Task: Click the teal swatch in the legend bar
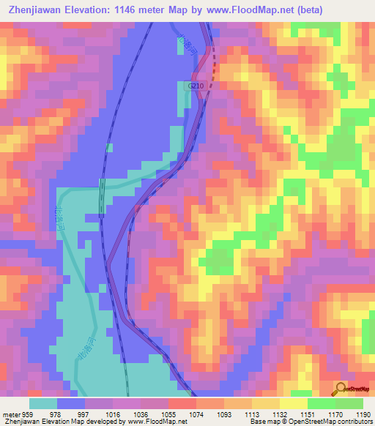click(x=42, y=403)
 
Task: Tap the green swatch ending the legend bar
click(x=349, y=403)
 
